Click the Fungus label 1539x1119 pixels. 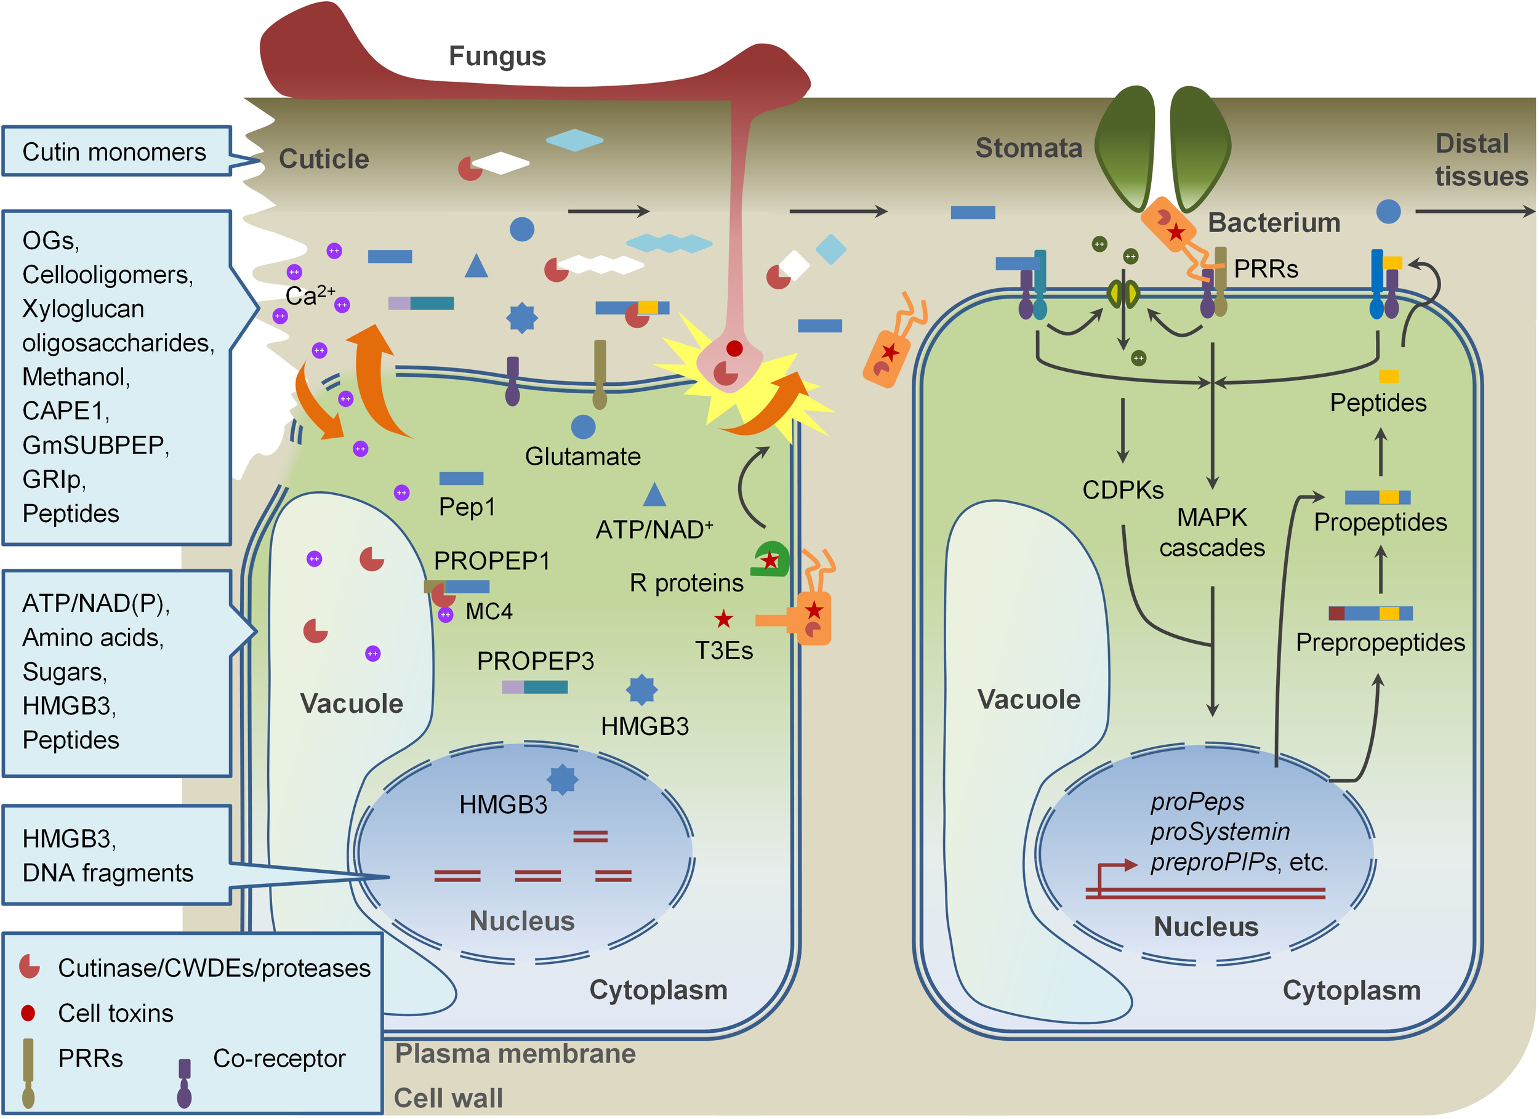[x=497, y=57]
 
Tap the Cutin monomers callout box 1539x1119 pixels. [x=115, y=151]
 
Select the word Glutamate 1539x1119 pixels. [x=582, y=457]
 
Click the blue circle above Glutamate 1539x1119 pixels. [x=583, y=427]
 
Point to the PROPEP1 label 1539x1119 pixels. [x=491, y=561]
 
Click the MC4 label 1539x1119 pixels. [x=489, y=611]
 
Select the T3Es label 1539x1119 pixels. [x=723, y=651]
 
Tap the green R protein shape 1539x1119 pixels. [x=771, y=558]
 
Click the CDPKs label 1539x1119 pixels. [x=1122, y=490]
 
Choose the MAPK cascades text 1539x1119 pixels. [x=1212, y=532]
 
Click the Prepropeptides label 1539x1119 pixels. [x=1380, y=643]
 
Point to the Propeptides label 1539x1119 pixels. [x=1380, y=523]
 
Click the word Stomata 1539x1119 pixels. [x=1029, y=148]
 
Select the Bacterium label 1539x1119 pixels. [x=1274, y=223]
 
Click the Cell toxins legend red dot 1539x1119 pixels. [x=28, y=1013]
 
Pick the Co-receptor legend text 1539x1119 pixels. [x=279, y=1059]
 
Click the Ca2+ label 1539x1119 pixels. [x=310, y=296]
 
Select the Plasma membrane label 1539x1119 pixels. [x=515, y=1054]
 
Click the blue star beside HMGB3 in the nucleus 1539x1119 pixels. [x=563, y=779]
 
